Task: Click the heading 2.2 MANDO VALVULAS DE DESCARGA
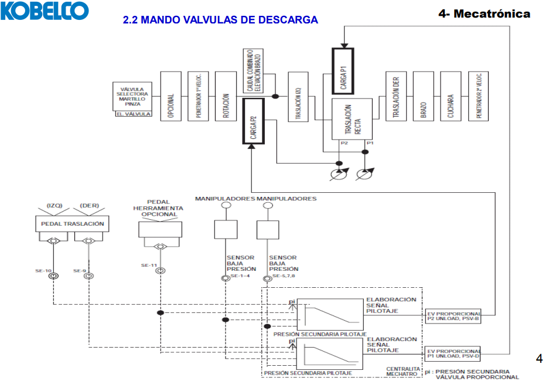(x=220, y=20)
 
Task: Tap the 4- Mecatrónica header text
(x=485, y=13)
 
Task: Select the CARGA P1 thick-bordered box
(x=343, y=70)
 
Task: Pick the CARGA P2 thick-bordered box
(x=254, y=121)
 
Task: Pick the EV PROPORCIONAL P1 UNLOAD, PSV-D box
(x=452, y=353)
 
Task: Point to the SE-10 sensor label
(x=43, y=271)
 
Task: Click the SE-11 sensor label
(x=149, y=266)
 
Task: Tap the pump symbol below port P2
(x=338, y=174)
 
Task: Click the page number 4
(x=539, y=359)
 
